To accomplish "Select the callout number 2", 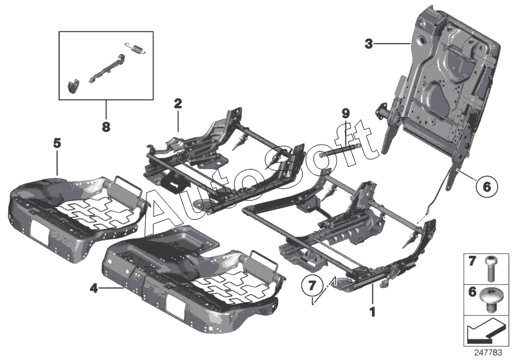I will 178,103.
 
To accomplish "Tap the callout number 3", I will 368,44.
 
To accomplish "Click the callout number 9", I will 345,114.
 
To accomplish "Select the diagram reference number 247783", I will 490,352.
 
